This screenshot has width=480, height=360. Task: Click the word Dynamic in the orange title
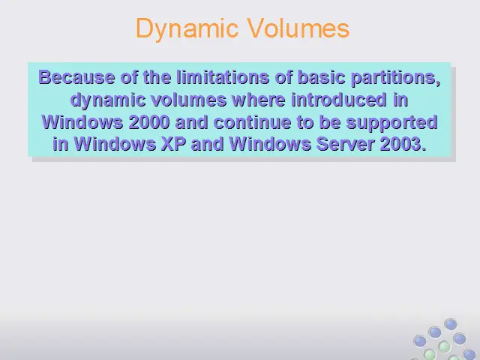pyautogui.click(x=187, y=28)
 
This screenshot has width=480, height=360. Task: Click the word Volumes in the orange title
pyautogui.click(x=298, y=28)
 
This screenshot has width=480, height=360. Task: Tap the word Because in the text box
pyautogui.click(x=76, y=76)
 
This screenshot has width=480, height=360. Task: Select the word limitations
pyautogui.click(x=223, y=76)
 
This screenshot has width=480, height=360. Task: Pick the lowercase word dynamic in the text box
pyautogui.click(x=108, y=100)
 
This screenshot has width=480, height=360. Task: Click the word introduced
pyautogui.click(x=339, y=100)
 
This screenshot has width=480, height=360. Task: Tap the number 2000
pyautogui.click(x=149, y=122)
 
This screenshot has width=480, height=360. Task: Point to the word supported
pyautogui.click(x=391, y=123)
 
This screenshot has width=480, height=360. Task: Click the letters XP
pyautogui.click(x=173, y=143)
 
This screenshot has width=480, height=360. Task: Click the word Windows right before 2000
pyautogui.click(x=82, y=122)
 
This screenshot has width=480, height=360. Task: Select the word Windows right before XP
pyautogui.click(x=115, y=143)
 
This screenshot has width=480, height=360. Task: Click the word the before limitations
pyautogui.click(x=157, y=76)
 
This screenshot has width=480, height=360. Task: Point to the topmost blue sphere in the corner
pyautogui.click(x=451, y=324)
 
